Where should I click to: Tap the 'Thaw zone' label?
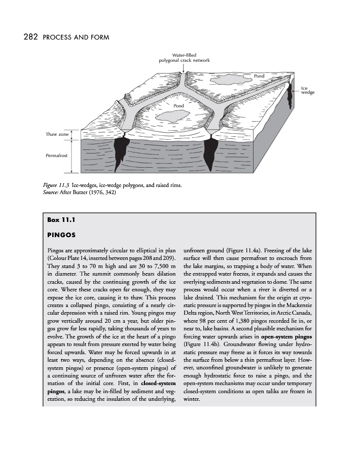pos(57,134)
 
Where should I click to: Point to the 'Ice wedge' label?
pos(308,90)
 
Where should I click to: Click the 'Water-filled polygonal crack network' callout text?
pos(184,57)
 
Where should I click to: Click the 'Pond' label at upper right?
pos(259,76)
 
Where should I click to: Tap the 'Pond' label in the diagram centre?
pos(178,105)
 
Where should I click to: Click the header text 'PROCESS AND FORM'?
pos(77,37)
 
